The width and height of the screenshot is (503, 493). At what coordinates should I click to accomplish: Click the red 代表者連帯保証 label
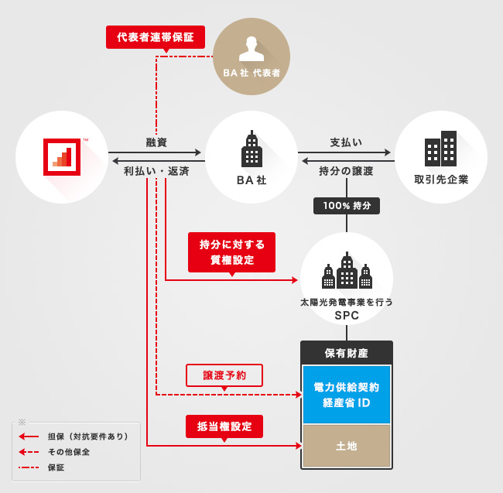tap(156, 36)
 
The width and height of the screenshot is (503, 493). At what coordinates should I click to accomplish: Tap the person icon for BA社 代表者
tap(251, 48)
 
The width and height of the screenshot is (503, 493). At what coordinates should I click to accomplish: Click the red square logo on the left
tap(62, 157)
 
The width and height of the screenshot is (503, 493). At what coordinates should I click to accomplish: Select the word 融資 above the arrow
tap(156, 142)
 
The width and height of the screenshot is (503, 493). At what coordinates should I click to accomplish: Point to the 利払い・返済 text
tap(156, 171)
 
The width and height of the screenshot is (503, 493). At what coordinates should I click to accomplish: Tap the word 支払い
tap(346, 142)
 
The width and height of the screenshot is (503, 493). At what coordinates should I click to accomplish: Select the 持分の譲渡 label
tap(346, 171)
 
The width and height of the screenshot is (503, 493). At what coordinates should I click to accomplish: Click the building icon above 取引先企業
tap(440, 149)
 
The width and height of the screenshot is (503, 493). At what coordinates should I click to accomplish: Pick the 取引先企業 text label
tap(441, 180)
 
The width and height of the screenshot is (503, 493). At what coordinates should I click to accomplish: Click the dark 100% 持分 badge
tap(346, 206)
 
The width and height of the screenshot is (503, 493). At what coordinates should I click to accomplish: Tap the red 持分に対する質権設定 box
tap(231, 252)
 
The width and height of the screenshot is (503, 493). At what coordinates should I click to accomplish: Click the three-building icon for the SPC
tap(346, 272)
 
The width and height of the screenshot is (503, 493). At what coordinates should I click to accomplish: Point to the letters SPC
tap(346, 316)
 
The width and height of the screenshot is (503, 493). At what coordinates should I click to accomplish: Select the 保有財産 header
tap(346, 354)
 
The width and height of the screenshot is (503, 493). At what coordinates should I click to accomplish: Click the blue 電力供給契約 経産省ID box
tap(346, 395)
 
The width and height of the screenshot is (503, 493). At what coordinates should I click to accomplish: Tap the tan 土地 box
tap(346, 446)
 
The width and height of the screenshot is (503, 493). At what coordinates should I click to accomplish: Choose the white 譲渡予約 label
tap(224, 375)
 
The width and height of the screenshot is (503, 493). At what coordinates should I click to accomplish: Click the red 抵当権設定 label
tap(224, 426)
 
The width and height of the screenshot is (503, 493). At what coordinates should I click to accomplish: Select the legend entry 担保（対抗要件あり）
tap(87, 437)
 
